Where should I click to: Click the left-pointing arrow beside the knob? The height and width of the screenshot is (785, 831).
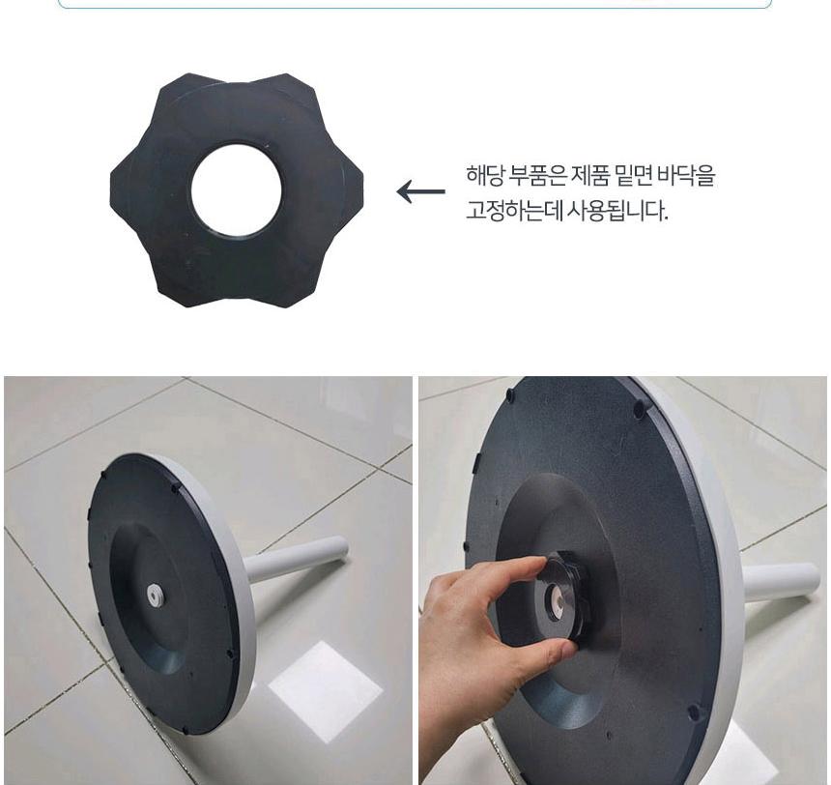420,191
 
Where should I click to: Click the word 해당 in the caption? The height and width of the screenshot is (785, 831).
484,176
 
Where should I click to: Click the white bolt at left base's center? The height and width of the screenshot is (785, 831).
156,596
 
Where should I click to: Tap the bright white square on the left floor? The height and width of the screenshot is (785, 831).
325,691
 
